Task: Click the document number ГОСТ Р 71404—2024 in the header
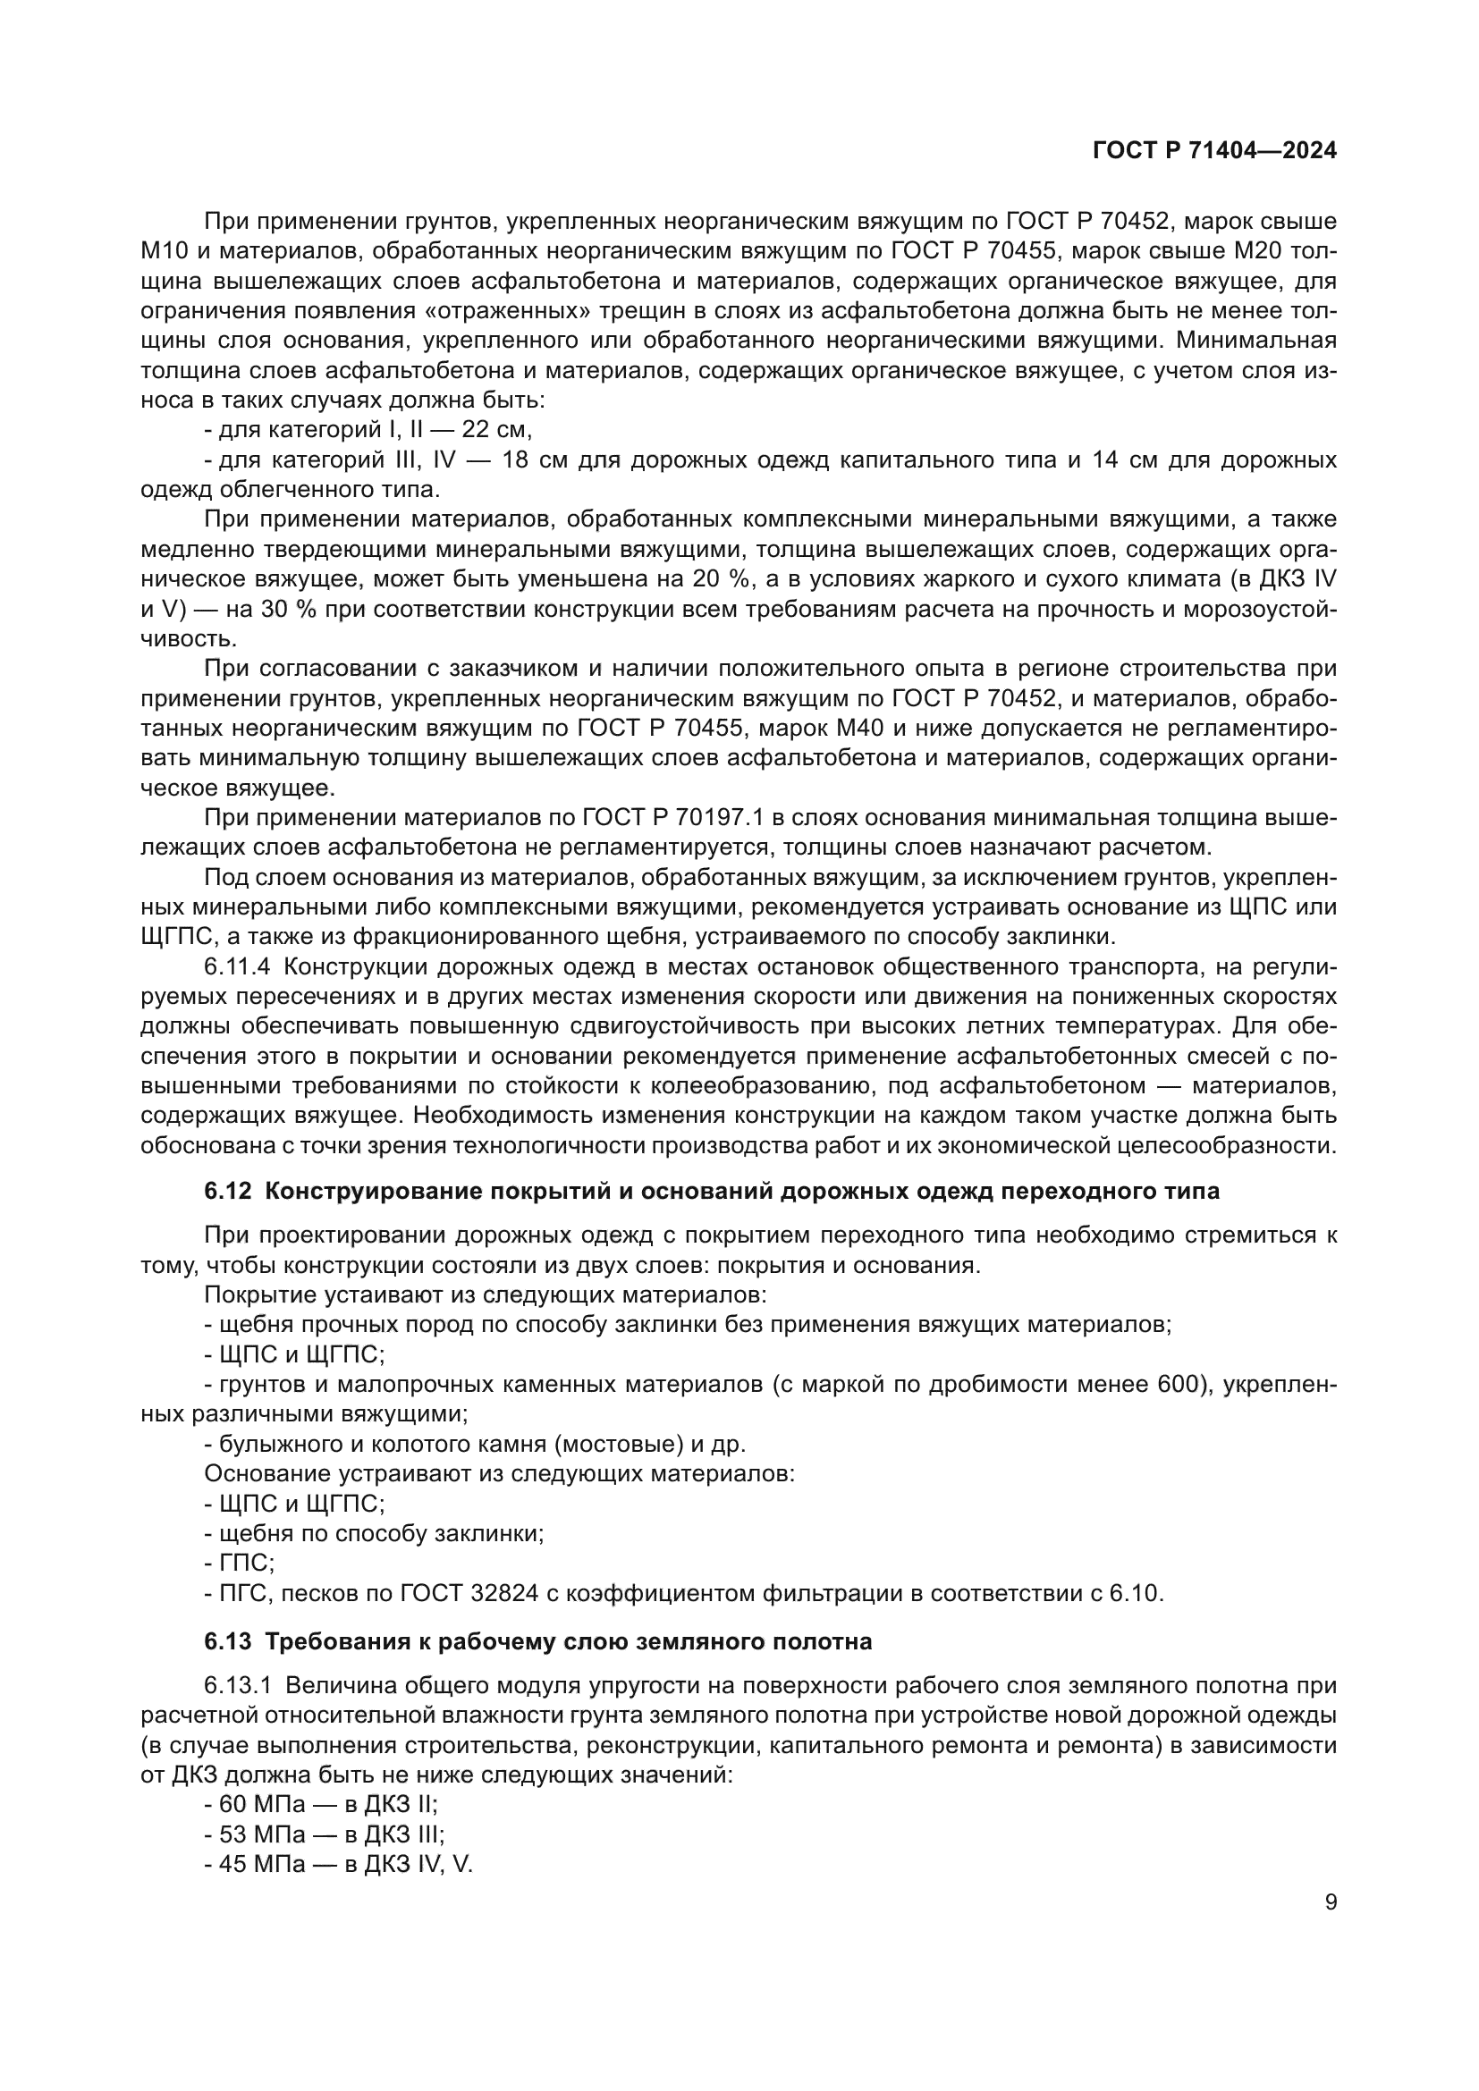[1214, 151]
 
